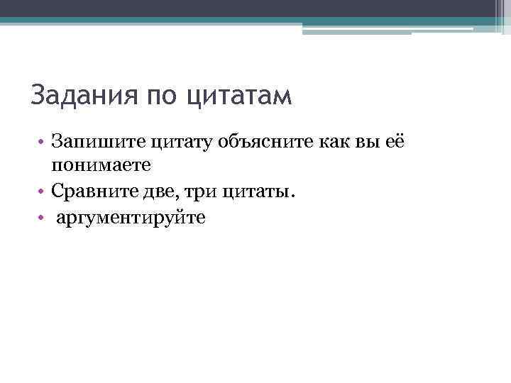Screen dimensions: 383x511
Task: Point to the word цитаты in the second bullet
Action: [256, 191]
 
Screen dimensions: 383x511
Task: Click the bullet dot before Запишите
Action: [43, 143]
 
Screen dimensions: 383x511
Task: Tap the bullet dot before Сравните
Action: [43, 192]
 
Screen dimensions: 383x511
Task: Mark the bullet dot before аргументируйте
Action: [43, 218]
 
